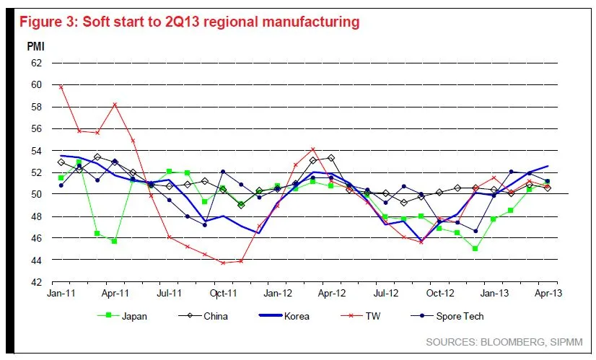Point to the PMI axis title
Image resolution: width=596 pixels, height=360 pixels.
pos(36,45)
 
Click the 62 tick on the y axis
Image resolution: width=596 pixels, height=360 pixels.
pos(36,63)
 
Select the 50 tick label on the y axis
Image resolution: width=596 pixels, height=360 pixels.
pos(36,194)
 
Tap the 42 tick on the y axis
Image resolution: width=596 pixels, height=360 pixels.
pos(36,281)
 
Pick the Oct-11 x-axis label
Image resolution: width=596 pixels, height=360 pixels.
pos(224,294)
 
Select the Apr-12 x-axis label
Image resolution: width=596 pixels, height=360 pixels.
pos(332,294)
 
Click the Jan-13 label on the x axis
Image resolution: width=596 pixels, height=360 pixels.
pos(494,294)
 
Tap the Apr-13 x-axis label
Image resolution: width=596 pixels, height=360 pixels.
pos(547,294)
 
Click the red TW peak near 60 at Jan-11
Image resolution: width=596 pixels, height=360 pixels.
pos(61,87)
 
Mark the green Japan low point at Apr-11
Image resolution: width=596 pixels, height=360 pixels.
pos(114,241)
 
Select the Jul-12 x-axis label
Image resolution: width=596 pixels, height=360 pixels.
pos(386,294)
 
